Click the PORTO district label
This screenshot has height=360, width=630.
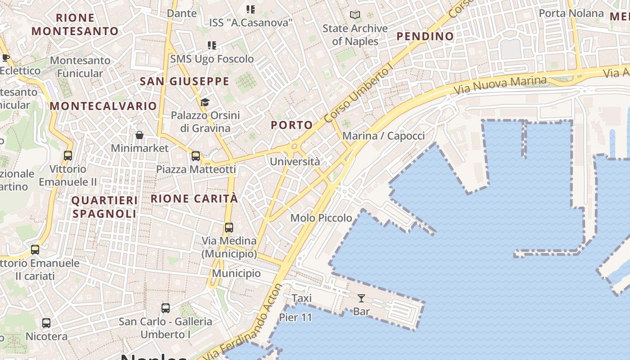292,125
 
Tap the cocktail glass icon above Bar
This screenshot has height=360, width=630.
361,298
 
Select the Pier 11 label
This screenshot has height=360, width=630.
295,317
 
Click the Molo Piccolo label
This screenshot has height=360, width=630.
321,218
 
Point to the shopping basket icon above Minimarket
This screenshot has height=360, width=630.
139,135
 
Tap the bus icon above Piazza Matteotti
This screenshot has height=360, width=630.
196,156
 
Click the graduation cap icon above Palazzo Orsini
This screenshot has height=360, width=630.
205,102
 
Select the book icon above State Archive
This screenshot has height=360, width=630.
355,15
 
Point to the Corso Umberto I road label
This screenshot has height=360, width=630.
359,94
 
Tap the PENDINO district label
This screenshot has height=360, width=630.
425,36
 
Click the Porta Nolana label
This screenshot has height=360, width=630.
571,13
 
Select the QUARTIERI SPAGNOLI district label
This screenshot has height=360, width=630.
104,207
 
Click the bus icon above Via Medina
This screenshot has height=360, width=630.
229,228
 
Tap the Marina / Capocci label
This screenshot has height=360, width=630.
383,136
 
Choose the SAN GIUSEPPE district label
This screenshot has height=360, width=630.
184,81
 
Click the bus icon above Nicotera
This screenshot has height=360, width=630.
46,323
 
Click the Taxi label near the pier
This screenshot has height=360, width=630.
301,298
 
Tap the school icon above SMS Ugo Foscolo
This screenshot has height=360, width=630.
212,45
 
